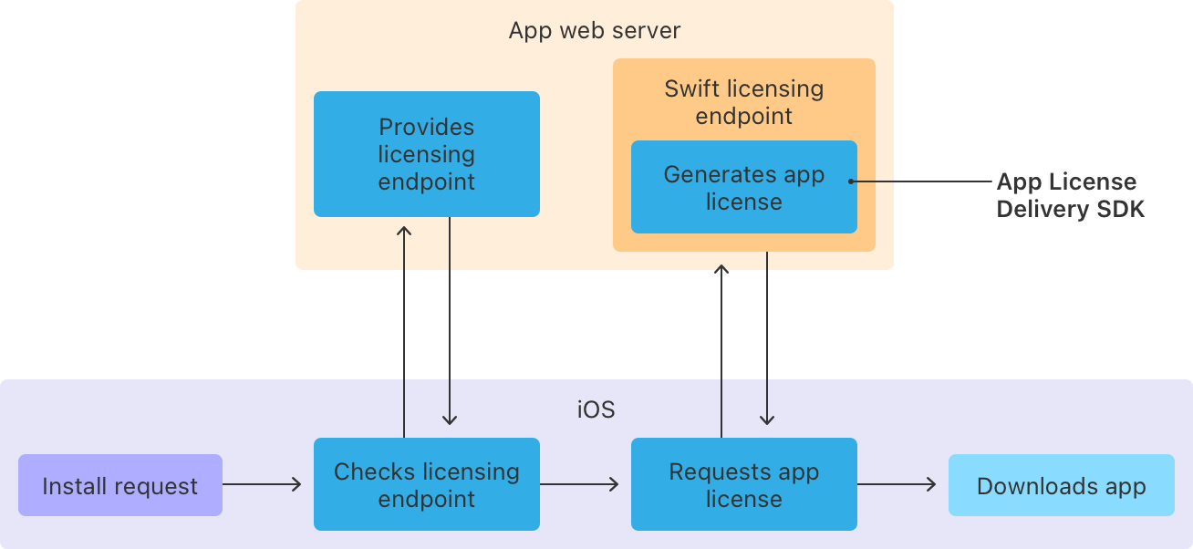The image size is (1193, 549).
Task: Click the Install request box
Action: [119, 485]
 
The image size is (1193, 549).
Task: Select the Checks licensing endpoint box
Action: [426, 484]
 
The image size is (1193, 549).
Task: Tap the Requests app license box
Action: [743, 484]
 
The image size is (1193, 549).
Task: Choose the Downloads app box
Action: [1061, 485]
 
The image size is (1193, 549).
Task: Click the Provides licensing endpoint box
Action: [426, 154]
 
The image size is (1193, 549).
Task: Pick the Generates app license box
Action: [743, 188]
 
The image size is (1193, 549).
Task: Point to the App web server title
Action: [594, 30]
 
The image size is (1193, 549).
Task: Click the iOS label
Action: [596, 409]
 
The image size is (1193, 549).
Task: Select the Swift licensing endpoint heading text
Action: [743, 102]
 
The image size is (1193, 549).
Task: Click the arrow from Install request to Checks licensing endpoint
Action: [262, 484]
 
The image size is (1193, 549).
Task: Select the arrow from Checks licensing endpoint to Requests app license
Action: [579, 484]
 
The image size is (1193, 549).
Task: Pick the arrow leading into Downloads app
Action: [897, 484]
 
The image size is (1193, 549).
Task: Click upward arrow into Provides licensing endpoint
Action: [404, 328]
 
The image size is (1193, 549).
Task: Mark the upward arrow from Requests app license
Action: [721, 351]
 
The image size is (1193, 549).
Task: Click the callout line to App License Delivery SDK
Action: [921, 181]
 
